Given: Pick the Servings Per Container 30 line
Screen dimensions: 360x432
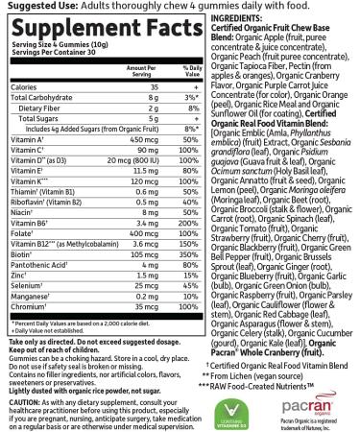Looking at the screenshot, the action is [x=43, y=64].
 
